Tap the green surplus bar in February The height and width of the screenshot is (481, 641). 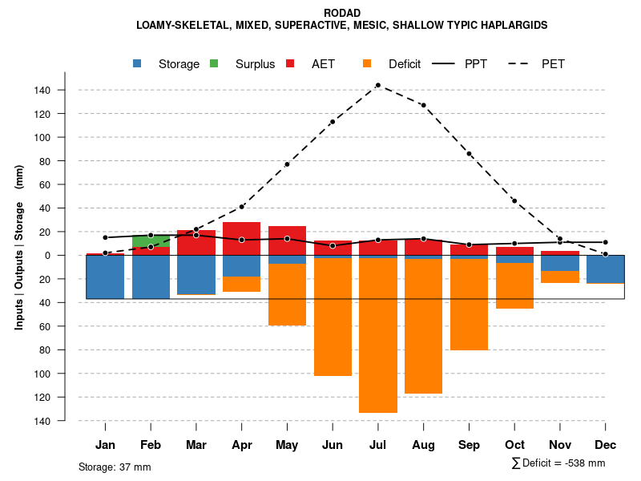click(151, 241)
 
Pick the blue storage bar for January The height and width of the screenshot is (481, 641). click(105, 277)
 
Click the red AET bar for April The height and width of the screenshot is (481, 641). click(242, 238)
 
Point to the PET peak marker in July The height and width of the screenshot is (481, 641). click(377, 85)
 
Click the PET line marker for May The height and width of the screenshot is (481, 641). click(287, 164)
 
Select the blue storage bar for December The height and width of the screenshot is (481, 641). click(605, 269)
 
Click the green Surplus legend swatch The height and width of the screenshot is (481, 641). click(215, 64)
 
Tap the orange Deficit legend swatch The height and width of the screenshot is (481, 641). click(368, 64)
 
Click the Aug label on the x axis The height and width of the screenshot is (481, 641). click(423, 445)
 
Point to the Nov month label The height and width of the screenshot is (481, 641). click(559, 445)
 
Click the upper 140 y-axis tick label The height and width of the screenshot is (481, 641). click(42, 91)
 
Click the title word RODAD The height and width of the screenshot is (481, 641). click(342, 13)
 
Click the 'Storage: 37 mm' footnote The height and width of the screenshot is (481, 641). click(115, 467)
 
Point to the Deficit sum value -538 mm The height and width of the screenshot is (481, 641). click(585, 463)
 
